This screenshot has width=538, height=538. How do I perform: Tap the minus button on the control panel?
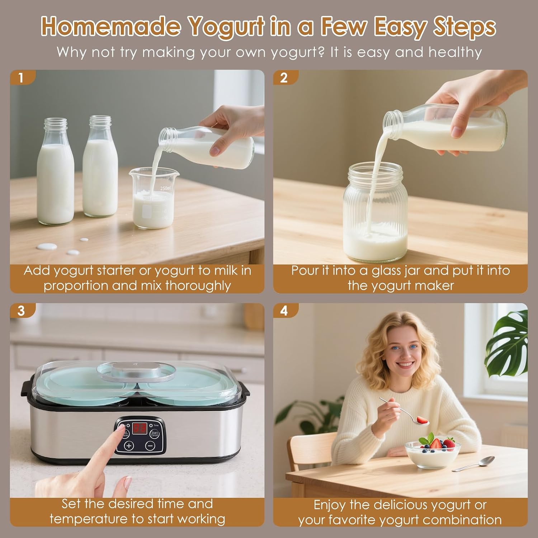coord(151,446)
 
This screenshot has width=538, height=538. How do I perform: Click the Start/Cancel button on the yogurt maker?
coord(154,433)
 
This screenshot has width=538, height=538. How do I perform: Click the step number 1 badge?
coord(22,77)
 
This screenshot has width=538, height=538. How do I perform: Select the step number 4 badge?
coord(285,311)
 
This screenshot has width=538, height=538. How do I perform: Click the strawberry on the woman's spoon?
coord(421,419)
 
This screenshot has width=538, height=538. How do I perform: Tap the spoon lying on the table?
coord(473,464)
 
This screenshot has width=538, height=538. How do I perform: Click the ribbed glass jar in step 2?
coord(375,213)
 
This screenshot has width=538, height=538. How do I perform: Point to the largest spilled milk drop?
coord(47,246)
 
